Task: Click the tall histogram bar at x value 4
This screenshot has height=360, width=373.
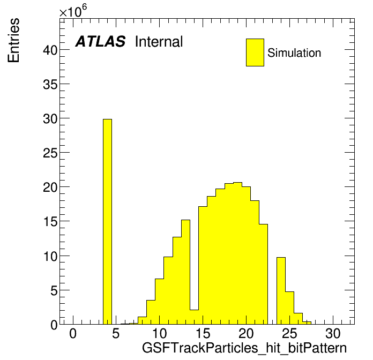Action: tap(107, 222)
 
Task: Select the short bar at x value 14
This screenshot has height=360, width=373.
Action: tap(194, 317)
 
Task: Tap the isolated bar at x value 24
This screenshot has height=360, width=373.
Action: tap(281, 290)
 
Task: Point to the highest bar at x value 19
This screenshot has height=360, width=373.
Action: tap(237, 253)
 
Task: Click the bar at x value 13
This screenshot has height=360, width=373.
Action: tap(185, 272)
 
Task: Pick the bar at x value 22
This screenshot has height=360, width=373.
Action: tap(264, 274)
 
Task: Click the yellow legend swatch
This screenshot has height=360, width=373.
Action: tap(255, 52)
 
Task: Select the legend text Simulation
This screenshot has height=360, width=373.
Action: tap(294, 53)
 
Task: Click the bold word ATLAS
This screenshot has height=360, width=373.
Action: tap(100, 41)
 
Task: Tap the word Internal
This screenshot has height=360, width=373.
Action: tap(159, 41)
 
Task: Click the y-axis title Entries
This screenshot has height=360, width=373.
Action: tap(13, 40)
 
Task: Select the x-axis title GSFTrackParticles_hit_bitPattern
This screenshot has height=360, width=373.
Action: tap(244, 348)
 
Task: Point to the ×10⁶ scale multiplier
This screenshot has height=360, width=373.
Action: tap(73, 11)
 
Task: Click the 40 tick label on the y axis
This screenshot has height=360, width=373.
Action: tap(50, 50)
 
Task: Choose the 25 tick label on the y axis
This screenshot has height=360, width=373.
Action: tap(50, 153)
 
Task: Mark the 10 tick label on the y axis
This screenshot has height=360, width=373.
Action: tap(50, 256)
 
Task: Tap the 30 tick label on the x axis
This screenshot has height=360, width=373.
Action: tap(333, 333)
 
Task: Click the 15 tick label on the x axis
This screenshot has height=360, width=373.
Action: tap(203, 333)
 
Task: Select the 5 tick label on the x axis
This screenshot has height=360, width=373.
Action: tap(116, 333)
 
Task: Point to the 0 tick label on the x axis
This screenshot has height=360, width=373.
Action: tap(73, 333)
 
